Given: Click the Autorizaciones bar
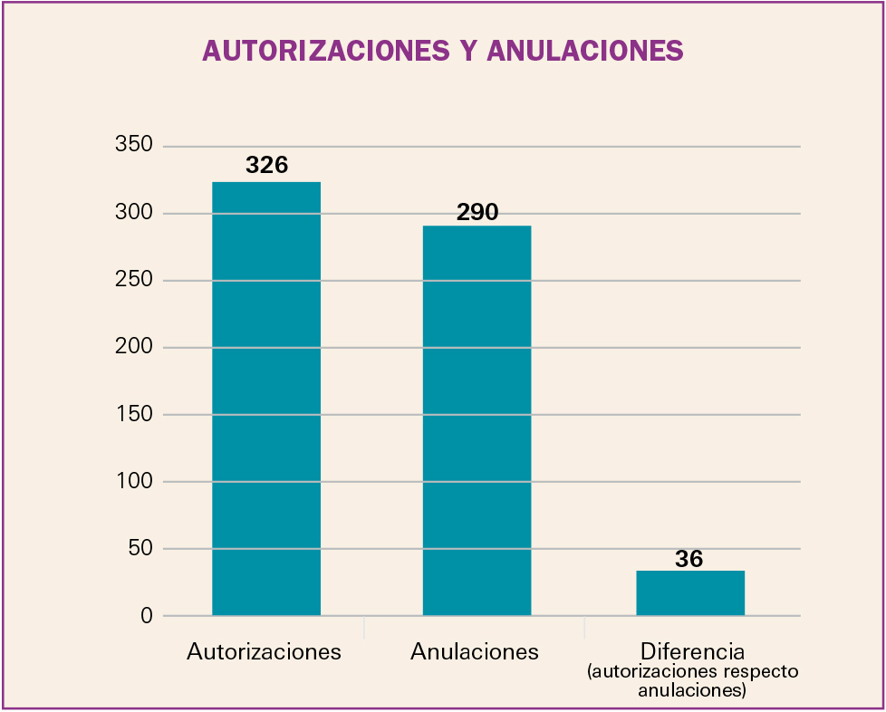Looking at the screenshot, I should (265, 399).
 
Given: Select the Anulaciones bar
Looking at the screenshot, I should (477, 420).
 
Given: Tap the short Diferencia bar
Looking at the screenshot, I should (689, 593).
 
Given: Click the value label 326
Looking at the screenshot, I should (266, 166).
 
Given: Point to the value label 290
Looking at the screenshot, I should (477, 212).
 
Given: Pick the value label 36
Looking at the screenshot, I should (689, 559).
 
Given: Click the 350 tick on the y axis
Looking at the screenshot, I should (132, 146).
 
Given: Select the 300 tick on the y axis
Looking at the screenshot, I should (132, 214).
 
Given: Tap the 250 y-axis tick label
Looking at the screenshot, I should (132, 281).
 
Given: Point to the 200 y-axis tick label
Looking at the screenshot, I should (132, 348).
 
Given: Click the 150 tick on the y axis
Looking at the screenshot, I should (132, 415).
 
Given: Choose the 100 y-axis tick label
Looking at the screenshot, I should (132, 482).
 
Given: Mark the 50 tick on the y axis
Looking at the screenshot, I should (139, 549).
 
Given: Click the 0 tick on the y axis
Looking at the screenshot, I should (146, 616).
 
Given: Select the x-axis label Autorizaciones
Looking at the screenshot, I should (264, 651).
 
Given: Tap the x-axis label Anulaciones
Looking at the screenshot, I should (474, 651).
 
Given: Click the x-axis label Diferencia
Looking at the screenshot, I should (692, 651).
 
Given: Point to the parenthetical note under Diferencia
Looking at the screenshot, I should (692, 681).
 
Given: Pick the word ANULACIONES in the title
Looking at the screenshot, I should (584, 51).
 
